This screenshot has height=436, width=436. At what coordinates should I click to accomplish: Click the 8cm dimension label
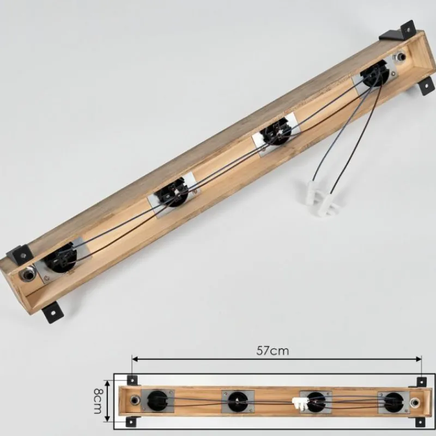(98, 401)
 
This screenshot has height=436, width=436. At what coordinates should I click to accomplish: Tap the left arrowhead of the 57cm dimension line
(135, 359)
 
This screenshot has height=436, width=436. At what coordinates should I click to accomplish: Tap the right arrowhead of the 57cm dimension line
(419, 359)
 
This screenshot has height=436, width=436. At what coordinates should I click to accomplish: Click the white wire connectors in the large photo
(322, 198)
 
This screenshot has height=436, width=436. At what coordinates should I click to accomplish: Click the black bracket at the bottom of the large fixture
(53, 312)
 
